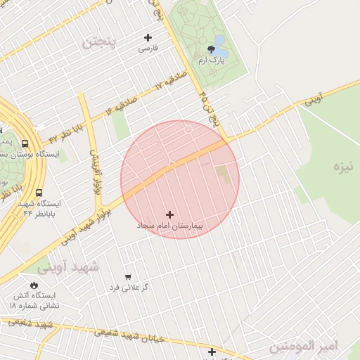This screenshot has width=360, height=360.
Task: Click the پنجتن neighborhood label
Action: pyautogui.click(x=100, y=41)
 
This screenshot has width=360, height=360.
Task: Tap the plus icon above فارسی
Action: pyautogui.click(x=148, y=37)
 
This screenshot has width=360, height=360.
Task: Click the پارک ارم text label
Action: pyautogui.click(x=212, y=61)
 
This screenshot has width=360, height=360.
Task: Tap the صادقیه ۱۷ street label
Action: pyautogui.click(x=172, y=81)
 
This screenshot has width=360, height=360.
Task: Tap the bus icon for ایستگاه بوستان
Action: pyautogui.click(x=25, y=142)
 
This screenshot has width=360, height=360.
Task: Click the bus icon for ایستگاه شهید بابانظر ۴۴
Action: pyautogui.click(x=39, y=192)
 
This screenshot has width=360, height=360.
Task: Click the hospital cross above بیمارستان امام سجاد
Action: pyautogui.click(x=169, y=214)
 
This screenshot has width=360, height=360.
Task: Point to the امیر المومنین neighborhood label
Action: pyautogui.click(x=304, y=346)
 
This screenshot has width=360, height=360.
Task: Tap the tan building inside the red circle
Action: pyautogui.click(x=222, y=176)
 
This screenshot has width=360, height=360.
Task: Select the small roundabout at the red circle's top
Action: pyautogui.click(x=188, y=129)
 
